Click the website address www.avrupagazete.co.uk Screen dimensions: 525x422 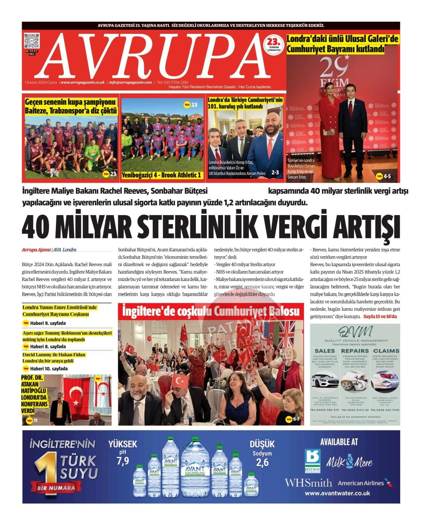tap(83, 82)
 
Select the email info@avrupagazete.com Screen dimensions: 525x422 tap(131, 82)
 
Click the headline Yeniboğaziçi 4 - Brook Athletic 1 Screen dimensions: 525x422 tap(162, 175)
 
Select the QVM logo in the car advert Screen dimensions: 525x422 tap(355, 332)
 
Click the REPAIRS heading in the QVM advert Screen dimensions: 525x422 tap(355, 351)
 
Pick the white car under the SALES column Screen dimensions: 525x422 tap(325, 381)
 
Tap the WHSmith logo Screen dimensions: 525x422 tap(308, 483)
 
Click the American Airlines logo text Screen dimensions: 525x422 tap(361, 483)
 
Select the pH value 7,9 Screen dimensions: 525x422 tap(123, 461)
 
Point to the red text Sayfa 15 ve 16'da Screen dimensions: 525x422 tap(380, 317)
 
